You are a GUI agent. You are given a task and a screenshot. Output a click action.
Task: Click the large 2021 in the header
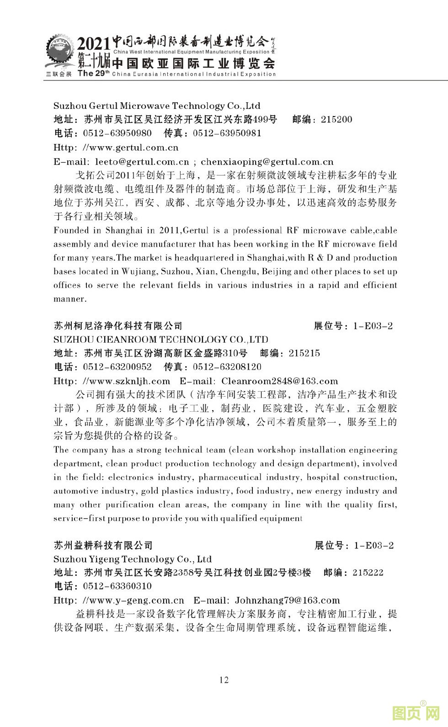pyautogui.click(x=94, y=44)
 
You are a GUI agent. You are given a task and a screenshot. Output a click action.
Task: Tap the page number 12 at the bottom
pyautogui.click(x=224, y=679)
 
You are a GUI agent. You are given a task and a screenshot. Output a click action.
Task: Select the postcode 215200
pyautogui.click(x=336, y=120)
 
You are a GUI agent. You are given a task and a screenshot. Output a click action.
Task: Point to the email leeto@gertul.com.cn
pyautogui.click(x=142, y=162)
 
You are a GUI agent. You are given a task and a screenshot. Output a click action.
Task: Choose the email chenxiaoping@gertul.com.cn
pyautogui.click(x=267, y=162)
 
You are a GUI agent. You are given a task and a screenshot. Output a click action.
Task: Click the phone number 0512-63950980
pyautogui.click(x=117, y=133)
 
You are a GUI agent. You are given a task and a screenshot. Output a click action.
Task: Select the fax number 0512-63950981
pyautogui.click(x=227, y=133)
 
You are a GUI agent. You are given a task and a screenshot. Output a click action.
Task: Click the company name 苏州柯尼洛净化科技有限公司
pyautogui.click(x=118, y=326)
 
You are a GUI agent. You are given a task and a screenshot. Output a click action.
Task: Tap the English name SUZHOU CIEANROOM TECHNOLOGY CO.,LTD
pyautogui.click(x=161, y=340)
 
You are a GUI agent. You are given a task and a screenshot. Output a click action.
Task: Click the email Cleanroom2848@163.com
pyautogui.click(x=280, y=381)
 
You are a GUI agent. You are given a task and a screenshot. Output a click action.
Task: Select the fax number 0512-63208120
pyautogui.click(x=227, y=367)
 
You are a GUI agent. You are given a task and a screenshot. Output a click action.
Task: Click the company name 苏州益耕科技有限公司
pyautogui.click(x=103, y=545)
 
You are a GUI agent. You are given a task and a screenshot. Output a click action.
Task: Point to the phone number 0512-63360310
pyautogui.click(x=117, y=586)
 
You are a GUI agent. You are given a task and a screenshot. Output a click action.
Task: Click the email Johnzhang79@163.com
pyautogui.click(x=288, y=600)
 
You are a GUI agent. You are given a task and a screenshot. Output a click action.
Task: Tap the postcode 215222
pyautogui.click(x=368, y=573)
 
